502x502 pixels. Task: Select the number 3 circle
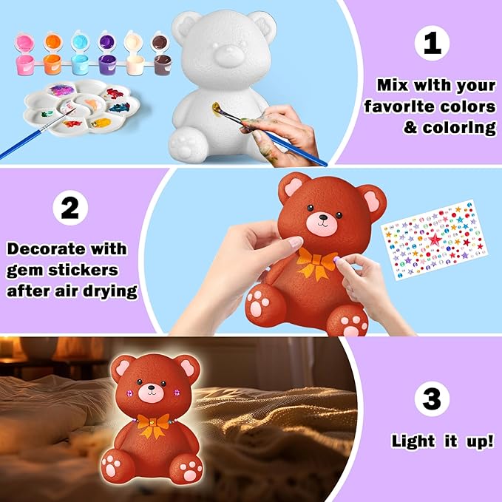[431, 400]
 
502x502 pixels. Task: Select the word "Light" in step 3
[413, 441]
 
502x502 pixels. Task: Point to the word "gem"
[26, 270]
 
